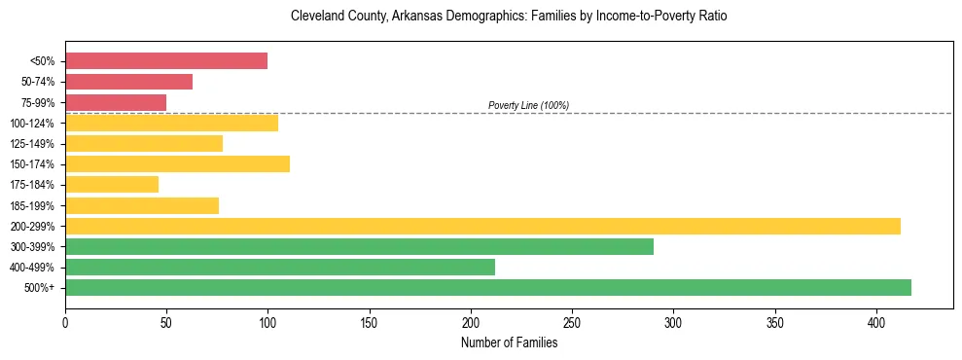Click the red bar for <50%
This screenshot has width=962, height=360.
click(x=166, y=61)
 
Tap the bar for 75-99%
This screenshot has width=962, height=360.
click(x=116, y=102)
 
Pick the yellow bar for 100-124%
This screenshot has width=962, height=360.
click(x=171, y=123)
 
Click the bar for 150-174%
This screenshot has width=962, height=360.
click(x=177, y=163)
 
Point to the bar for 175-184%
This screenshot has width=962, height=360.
click(x=112, y=184)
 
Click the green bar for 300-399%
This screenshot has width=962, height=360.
click(x=359, y=246)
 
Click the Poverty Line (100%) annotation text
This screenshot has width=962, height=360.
click(x=528, y=105)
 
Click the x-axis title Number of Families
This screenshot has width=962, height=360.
click(x=509, y=342)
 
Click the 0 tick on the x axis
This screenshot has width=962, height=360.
click(x=65, y=322)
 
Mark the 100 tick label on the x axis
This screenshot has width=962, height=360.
click(x=267, y=322)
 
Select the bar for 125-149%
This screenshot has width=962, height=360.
click(x=144, y=143)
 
